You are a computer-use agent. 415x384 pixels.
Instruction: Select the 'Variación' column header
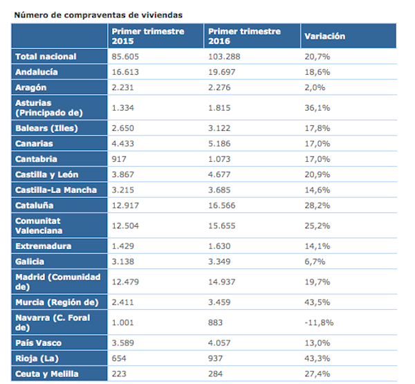point(324,36)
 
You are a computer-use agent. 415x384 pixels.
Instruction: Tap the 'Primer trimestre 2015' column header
point(149,36)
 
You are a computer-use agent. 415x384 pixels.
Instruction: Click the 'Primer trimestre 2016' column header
point(244,36)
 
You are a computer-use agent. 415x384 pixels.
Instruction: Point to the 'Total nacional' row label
point(46,56)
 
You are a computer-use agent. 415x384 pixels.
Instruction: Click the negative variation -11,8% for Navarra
point(320,322)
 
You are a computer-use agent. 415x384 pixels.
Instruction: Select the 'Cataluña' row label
point(35,205)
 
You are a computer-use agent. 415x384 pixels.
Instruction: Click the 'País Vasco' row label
point(38,343)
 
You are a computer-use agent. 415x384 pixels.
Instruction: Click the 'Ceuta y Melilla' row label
point(48,374)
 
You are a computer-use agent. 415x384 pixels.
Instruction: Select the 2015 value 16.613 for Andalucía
point(124,71)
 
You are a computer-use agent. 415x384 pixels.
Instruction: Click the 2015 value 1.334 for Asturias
point(122,108)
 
